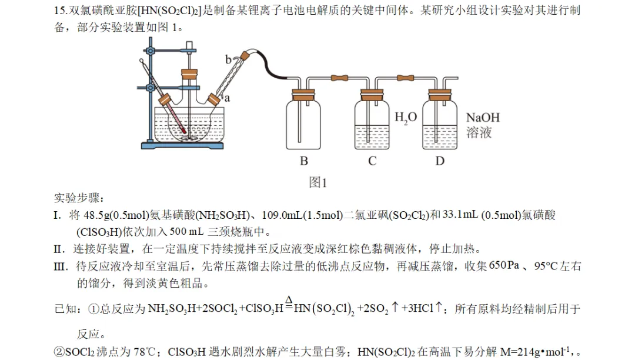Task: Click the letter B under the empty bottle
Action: click(x=304, y=161)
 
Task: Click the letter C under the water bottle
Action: click(x=372, y=161)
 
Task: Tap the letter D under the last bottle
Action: click(x=440, y=161)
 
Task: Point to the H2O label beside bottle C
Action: click(x=405, y=118)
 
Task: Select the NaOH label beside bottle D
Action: click(x=483, y=118)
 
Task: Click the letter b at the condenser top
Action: click(x=228, y=60)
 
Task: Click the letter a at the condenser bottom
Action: click(x=227, y=98)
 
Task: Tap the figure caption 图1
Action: click(x=317, y=182)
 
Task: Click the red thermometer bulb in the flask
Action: click(x=184, y=131)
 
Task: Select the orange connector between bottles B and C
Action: click(x=339, y=77)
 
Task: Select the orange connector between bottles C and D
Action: click(x=405, y=77)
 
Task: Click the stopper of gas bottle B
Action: click(x=303, y=95)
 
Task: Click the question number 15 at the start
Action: click(x=59, y=11)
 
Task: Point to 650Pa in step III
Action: click(x=504, y=265)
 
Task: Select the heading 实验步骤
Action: click(x=79, y=198)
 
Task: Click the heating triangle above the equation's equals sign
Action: click(x=289, y=299)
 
